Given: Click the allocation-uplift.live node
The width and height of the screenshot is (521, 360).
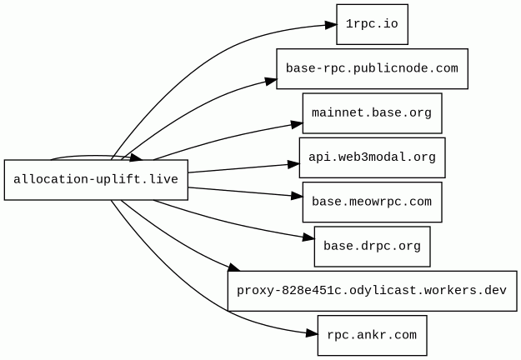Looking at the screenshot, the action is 96,180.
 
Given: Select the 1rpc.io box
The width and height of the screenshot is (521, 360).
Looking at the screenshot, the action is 372,24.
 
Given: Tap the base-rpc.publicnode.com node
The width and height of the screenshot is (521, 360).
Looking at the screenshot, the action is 372,68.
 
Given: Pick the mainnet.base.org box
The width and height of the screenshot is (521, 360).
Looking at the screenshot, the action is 372,113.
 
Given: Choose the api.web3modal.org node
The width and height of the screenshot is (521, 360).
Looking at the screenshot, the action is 372,157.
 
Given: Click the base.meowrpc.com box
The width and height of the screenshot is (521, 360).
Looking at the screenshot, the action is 372,202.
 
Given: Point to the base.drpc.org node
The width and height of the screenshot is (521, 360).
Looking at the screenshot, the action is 372,247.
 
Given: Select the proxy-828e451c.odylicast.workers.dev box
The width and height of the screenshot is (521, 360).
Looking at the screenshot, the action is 372,291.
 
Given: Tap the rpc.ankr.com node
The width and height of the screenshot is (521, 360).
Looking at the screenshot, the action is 372,336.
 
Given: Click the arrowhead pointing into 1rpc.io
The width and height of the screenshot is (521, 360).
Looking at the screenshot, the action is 331,25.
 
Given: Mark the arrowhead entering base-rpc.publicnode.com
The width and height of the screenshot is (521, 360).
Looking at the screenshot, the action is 271,81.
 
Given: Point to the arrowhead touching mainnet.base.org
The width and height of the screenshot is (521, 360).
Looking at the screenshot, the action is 297,124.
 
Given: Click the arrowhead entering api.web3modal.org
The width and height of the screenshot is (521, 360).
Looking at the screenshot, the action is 293,164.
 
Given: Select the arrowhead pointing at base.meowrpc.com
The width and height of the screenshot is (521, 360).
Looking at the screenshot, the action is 297,196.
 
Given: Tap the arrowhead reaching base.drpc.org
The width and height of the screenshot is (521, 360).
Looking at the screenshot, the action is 308,237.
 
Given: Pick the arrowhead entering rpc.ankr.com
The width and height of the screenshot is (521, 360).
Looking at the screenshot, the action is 312,333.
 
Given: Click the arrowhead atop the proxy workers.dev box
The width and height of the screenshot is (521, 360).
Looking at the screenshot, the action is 234,267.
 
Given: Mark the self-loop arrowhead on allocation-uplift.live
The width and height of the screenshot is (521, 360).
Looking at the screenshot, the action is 136,157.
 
